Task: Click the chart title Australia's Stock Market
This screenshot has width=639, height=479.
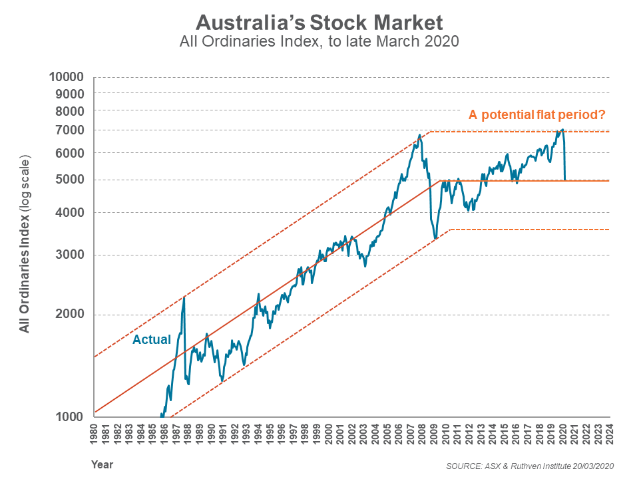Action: (319, 23)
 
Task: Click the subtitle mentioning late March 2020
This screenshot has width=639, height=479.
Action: (319, 42)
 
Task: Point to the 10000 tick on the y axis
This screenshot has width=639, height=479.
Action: (66, 77)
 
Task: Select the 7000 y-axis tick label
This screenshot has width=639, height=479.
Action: (70, 130)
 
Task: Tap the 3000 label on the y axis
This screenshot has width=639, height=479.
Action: (70, 255)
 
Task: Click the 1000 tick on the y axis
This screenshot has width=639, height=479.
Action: (70, 417)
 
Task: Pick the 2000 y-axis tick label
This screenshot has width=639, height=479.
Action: (70, 315)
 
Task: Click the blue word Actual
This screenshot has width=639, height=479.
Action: (152, 339)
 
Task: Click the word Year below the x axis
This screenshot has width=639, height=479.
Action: (102, 464)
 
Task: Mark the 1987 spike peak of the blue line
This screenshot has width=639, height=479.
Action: (184, 297)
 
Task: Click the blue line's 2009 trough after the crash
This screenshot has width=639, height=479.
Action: (435, 238)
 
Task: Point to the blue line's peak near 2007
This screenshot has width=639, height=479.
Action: (419, 135)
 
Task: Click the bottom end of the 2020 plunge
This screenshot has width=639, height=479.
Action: (565, 179)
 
